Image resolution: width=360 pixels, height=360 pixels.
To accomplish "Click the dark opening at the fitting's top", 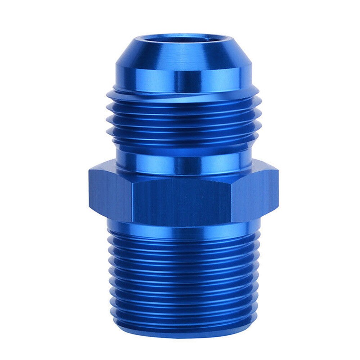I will [x=184, y=39].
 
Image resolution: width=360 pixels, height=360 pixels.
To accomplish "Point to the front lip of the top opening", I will [x=184, y=44].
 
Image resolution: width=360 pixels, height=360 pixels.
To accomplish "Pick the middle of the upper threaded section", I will [x=184, y=122].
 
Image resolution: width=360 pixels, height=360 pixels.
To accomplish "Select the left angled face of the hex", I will [x=110, y=194].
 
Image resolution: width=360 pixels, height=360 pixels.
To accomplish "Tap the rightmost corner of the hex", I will [x=278, y=194].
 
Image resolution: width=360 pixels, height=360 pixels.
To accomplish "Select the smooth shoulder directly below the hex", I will [x=184, y=227].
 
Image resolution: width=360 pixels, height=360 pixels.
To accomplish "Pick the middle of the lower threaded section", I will [x=184, y=277].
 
